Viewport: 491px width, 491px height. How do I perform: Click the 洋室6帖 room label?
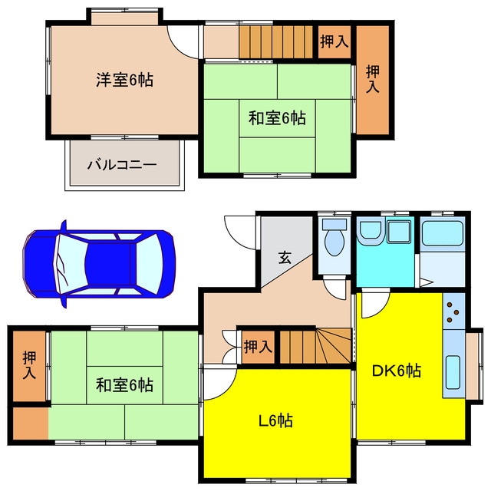click(124, 80)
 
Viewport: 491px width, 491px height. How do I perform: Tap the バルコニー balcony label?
click(122, 164)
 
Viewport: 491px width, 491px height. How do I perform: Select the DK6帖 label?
click(396, 371)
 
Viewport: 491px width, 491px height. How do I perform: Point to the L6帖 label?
click(276, 420)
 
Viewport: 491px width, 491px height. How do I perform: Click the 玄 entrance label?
click(285, 258)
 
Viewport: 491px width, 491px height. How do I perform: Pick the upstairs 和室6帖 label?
click(277, 118)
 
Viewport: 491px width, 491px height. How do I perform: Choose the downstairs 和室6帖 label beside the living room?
click(124, 385)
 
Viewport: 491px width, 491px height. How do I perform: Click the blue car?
click(99, 264)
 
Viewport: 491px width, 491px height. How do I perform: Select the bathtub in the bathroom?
click(443, 232)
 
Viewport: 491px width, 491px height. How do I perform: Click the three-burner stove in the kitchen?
click(453, 312)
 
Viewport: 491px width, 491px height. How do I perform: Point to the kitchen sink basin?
click(453, 372)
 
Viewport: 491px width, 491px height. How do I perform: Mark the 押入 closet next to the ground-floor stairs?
click(259, 347)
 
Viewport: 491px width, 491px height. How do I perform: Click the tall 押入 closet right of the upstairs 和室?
click(373, 80)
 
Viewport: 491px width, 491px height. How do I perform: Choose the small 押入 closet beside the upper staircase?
click(334, 41)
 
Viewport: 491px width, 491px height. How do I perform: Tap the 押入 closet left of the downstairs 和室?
click(29, 366)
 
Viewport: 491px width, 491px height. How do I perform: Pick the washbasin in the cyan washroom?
click(371, 232)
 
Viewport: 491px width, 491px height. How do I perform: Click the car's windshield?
click(149, 264)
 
